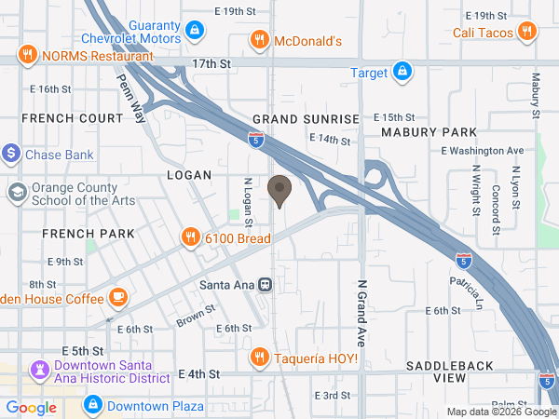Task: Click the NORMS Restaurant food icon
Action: (x=28, y=55)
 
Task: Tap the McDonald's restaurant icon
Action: (x=260, y=40)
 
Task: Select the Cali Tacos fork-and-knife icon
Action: (x=527, y=32)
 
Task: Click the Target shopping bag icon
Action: (x=402, y=71)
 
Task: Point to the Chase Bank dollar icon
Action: (x=11, y=153)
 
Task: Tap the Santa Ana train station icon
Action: (x=266, y=284)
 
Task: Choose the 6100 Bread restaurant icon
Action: (x=190, y=237)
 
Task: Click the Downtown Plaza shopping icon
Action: (x=92, y=405)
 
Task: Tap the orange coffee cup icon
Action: (x=118, y=297)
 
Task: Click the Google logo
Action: (x=32, y=407)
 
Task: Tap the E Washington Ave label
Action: (x=482, y=150)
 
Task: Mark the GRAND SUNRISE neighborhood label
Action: (x=306, y=119)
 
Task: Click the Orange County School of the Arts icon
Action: (x=18, y=193)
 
